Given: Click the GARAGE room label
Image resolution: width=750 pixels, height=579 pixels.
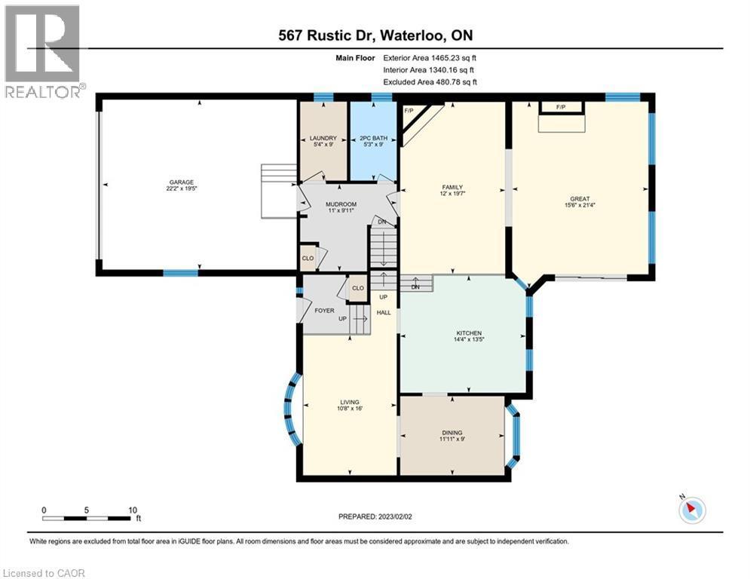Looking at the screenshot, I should pyautogui.click(x=181, y=182).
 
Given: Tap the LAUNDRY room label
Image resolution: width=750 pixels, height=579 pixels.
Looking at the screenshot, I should pyautogui.click(x=323, y=139).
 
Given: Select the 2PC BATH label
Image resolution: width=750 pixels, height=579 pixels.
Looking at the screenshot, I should pyautogui.click(x=372, y=139).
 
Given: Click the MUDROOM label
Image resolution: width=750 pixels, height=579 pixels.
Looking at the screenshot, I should pyautogui.click(x=335, y=204).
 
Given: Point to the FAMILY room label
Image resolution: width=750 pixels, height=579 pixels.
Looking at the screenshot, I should pyautogui.click(x=452, y=188).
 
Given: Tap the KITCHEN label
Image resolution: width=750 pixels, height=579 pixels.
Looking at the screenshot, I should pyautogui.click(x=468, y=333).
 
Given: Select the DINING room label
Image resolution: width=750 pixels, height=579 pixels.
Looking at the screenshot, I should pyautogui.click(x=452, y=433).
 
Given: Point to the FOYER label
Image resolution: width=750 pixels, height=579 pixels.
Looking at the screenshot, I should pyautogui.click(x=324, y=310).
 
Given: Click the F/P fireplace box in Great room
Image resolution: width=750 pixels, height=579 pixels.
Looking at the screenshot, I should pyautogui.click(x=561, y=108).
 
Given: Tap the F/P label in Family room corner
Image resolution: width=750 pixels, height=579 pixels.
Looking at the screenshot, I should pyautogui.click(x=410, y=112).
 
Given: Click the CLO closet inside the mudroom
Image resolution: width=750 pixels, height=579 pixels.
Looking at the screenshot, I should pyautogui.click(x=308, y=256).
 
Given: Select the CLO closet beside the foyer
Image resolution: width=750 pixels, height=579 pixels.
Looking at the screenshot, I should pyautogui.click(x=358, y=288).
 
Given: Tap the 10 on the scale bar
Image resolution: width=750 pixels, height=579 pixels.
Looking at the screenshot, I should pyautogui.click(x=133, y=510).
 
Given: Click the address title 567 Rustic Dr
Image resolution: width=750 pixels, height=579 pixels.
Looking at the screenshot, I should pyautogui.click(x=375, y=35).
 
